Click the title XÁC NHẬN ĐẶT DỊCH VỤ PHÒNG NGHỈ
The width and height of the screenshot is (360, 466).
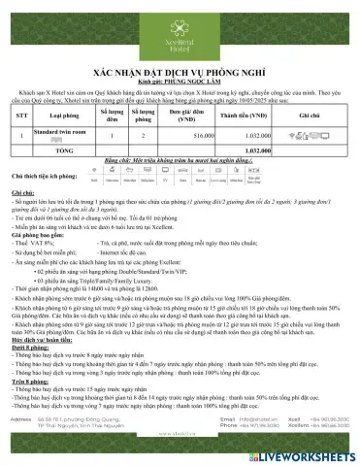[180, 72]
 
